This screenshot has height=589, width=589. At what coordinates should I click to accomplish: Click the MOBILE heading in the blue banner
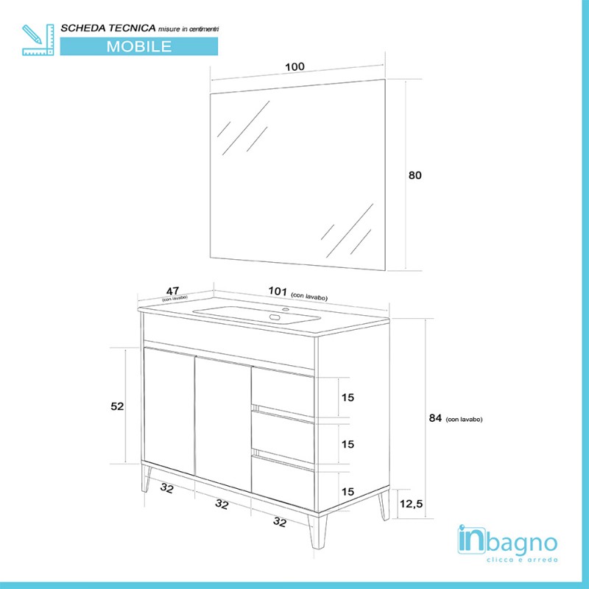pyautogui.click(x=139, y=46)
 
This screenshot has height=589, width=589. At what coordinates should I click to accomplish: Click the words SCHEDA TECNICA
pyautogui.click(x=107, y=27)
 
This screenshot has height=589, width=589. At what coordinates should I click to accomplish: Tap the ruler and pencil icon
pyautogui.click(x=38, y=39)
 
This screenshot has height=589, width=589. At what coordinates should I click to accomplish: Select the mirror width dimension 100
pyautogui.click(x=294, y=67)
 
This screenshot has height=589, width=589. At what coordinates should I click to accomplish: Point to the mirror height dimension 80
pyautogui.click(x=415, y=175)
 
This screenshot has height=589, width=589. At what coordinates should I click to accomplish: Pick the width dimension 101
pyautogui.click(x=278, y=291)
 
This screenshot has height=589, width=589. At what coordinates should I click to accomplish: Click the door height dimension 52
pyautogui.click(x=118, y=406)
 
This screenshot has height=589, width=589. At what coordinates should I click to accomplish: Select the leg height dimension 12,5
pyautogui.click(x=412, y=504)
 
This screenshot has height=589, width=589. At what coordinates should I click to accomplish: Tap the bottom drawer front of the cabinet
pyautogui.click(x=283, y=482)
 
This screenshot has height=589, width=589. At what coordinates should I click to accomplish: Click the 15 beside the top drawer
pyautogui.click(x=348, y=398)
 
